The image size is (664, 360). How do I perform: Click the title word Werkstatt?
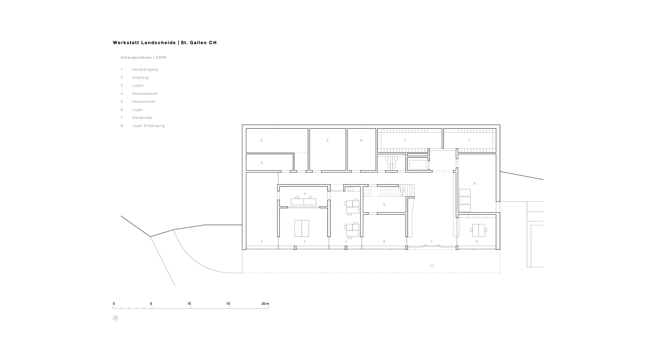[126, 43]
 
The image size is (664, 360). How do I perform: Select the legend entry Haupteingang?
[145, 70]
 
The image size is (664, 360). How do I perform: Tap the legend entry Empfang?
[140, 78]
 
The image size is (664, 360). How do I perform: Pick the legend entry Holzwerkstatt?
[145, 94]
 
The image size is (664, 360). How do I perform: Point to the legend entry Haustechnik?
[144, 102]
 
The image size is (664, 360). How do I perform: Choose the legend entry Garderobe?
[142, 118]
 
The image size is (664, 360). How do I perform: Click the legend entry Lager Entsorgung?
[148, 126]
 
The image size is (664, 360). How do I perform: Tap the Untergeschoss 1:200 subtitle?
[143, 58]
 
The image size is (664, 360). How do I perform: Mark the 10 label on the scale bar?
[189, 304]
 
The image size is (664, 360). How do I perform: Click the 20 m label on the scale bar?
[265, 304]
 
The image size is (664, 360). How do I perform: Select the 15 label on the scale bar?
[228, 304]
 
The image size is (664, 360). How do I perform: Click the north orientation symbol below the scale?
[116, 318]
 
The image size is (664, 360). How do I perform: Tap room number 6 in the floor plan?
[362, 141]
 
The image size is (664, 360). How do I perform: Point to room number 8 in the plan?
[474, 183]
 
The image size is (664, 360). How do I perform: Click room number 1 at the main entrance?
[432, 242]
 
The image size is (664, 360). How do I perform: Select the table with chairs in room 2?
[478, 229]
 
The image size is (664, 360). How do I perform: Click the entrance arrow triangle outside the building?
[432, 265]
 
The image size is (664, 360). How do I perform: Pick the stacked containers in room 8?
[465, 200]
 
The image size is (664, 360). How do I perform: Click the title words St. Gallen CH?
[199, 43]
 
